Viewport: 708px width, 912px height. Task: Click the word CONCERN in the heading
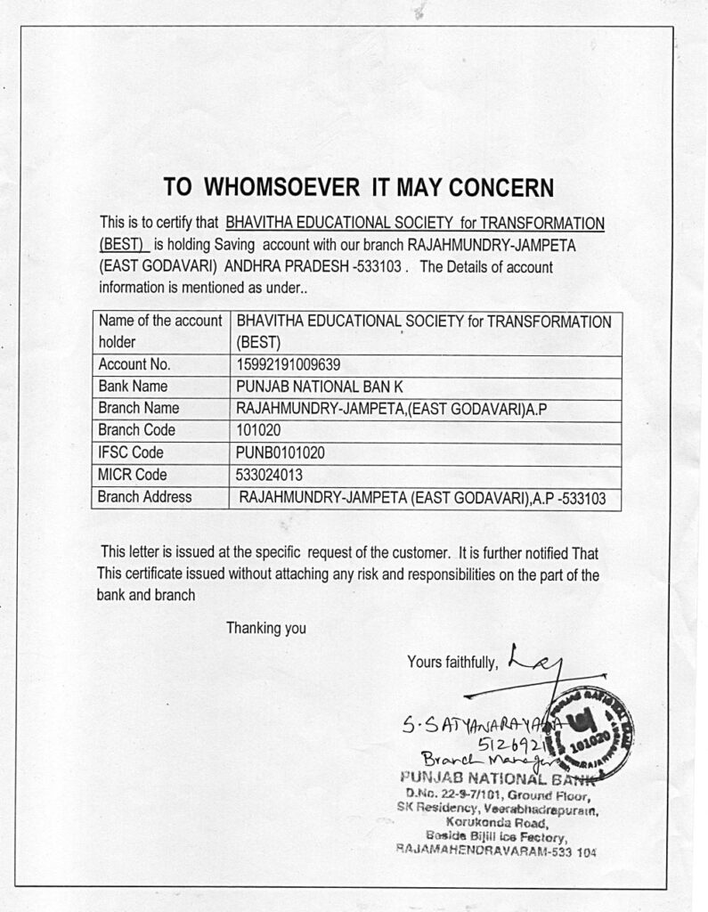tap(500, 187)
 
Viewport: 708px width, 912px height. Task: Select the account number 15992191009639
tap(289, 364)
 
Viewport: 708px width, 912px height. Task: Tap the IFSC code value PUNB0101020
tap(280, 452)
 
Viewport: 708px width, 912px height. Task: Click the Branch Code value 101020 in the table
tap(258, 430)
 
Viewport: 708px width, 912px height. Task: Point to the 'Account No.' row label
tap(134, 364)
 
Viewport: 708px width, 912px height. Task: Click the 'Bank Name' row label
tap(133, 387)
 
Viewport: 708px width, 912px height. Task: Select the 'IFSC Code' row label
tap(131, 452)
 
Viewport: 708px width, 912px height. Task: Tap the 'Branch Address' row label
tap(145, 497)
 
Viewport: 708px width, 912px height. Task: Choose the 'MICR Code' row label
tap(133, 475)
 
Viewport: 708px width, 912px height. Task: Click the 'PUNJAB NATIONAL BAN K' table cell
tap(320, 387)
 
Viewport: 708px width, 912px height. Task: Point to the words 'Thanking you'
tap(265, 628)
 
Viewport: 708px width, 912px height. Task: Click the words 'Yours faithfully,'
tap(452, 661)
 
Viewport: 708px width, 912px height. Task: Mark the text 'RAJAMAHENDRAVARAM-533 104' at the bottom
tap(495, 851)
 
